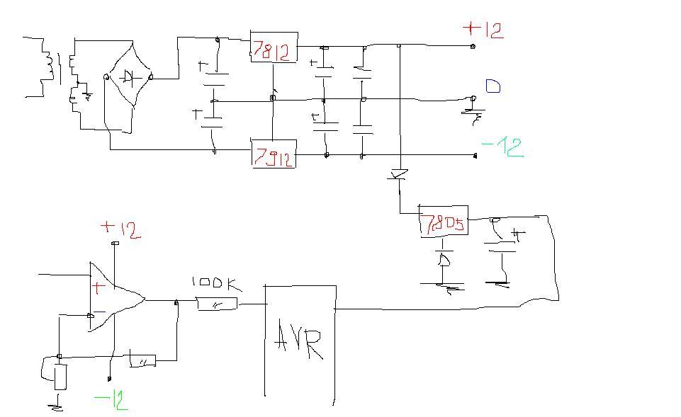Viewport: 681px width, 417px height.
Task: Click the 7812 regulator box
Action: (273, 47)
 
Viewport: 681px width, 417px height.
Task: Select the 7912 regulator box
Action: (273, 154)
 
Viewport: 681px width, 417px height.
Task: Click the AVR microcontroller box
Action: (300, 341)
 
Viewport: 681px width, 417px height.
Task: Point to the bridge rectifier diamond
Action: (128, 77)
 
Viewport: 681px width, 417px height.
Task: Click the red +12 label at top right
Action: (483, 30)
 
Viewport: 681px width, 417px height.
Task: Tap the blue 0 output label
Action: (493, 87)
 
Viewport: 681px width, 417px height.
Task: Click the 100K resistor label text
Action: (217, 285)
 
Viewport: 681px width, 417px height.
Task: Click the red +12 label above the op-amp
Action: (120, 229)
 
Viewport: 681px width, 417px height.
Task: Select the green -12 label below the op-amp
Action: (111, 401)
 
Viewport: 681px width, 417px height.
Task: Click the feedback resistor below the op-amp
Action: (142, 361)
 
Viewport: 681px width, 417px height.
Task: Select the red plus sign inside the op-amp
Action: (98, 287)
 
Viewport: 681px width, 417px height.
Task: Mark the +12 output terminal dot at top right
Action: (473, 46)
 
